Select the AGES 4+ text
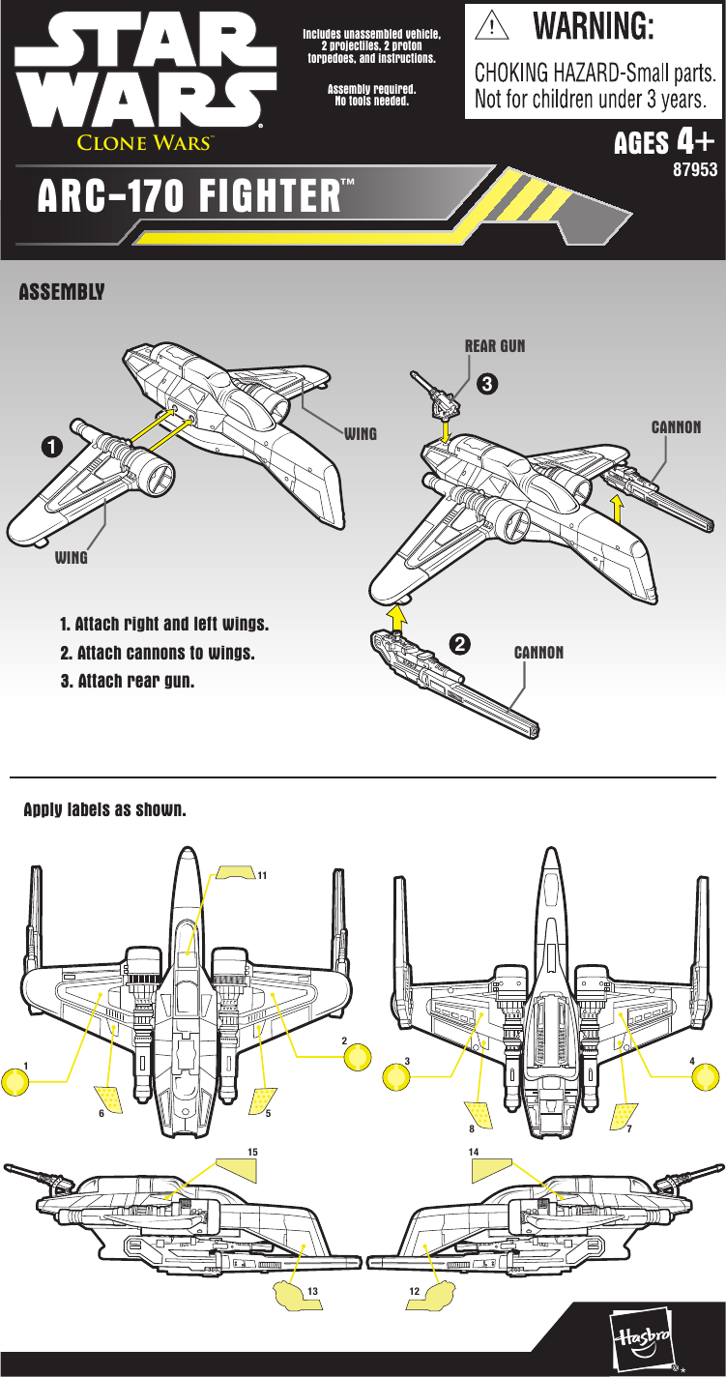point(665,143)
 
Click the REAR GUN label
point(494,345)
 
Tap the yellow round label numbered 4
point(705,1075)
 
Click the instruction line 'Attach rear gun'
point(128,681)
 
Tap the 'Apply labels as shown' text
point(104,809)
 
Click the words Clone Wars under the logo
point(144,143)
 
